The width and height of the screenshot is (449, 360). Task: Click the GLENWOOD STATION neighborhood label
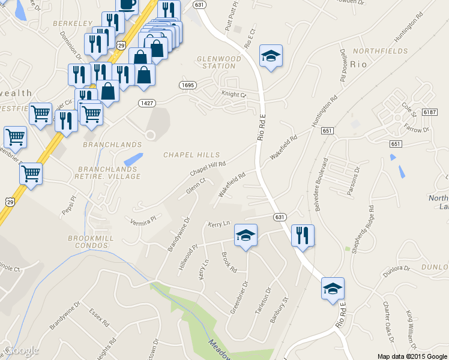coord(218,62)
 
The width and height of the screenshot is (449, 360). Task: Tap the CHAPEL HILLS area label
coord(191,155)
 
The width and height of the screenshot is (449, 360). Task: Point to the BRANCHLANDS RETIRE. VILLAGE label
coord(107,173)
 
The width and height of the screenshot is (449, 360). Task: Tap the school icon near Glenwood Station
coord(271,57)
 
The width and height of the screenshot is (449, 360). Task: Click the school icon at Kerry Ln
coord(245,235)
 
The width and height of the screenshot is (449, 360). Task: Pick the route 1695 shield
coord(187,86)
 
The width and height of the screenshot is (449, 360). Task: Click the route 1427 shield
coord(147,103)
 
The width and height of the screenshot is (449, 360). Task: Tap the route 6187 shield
coord(429,112)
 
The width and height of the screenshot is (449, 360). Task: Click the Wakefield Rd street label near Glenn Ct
coord(232,185)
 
